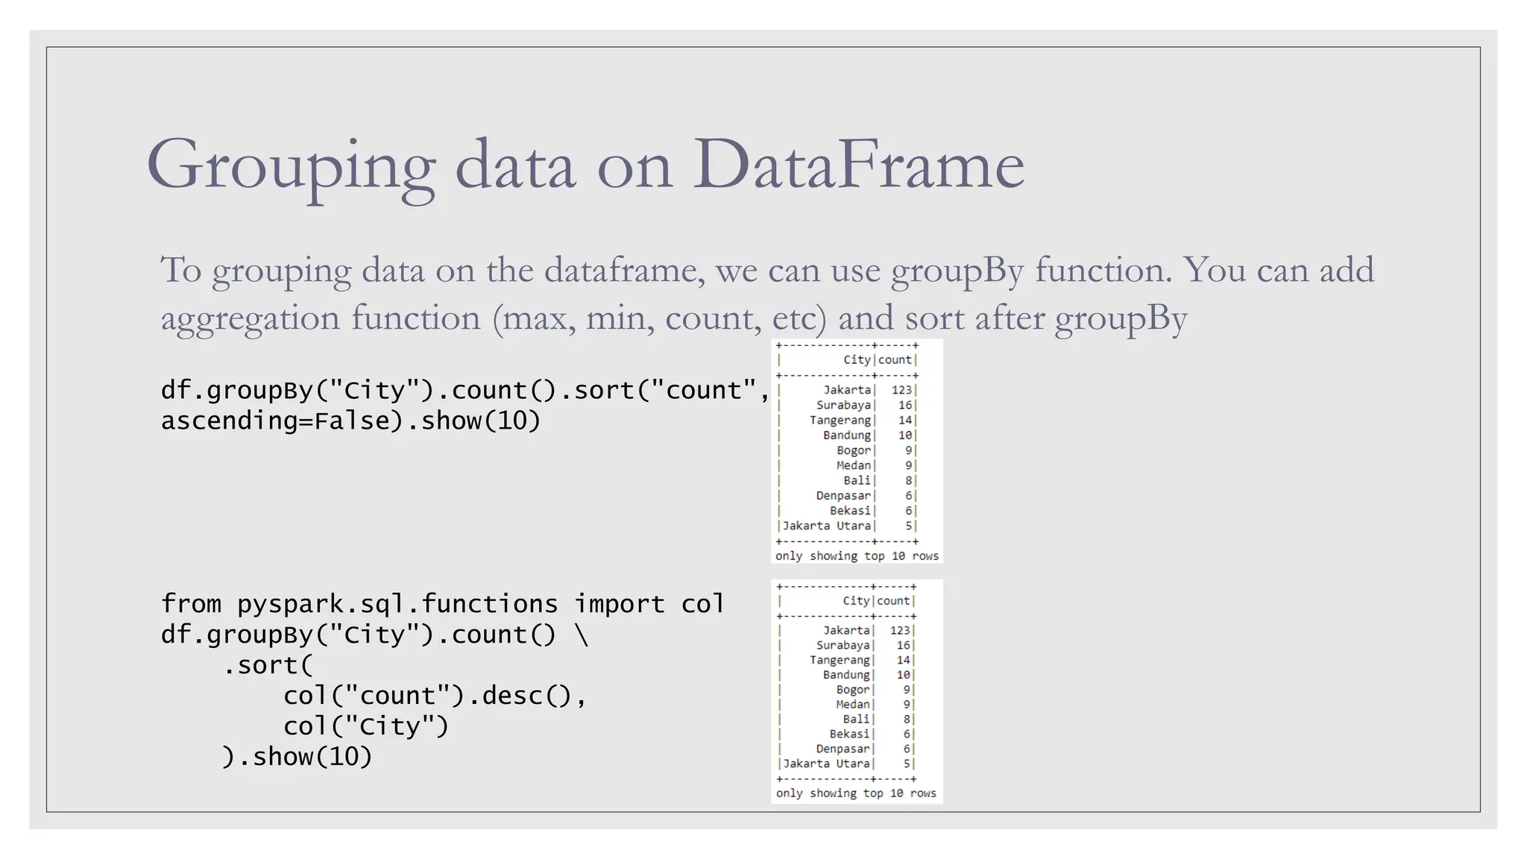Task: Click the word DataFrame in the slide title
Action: (858, 165)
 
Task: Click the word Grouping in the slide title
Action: (292, 166)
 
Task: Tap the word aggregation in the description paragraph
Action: (251, 318)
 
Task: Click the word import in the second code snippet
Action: (619, 604)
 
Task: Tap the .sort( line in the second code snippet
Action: (268, 665)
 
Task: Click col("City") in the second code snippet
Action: (366, 726)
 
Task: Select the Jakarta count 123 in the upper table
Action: (901, 390)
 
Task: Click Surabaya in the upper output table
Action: (843, 405)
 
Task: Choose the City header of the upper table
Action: (857, 359)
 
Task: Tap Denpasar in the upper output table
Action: (843, 496)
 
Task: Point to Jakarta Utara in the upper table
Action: (826, 526)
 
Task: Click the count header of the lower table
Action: (893, 601)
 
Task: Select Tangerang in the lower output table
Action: (840, 660)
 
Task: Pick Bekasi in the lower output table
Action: (849, 734)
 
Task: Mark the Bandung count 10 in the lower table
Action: (903, 675)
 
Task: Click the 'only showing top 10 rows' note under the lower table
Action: (856, 793)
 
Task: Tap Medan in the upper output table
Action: (853, 465)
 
